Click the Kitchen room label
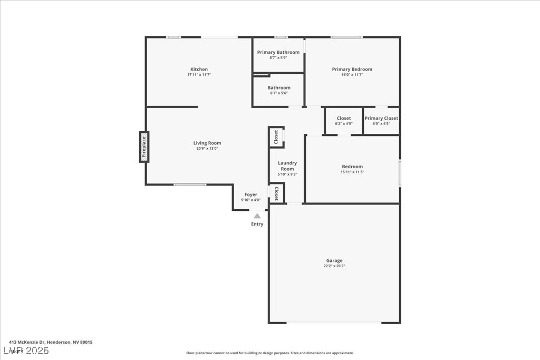point(199,70)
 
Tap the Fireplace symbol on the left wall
point(144,147)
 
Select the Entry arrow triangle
point(257,216)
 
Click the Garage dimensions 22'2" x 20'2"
point(334,266)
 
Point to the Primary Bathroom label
point(278,52)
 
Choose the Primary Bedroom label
point(352,69)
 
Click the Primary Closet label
point(381,119)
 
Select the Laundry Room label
point(287,166)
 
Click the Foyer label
point(250,194)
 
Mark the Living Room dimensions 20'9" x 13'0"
point(207,149)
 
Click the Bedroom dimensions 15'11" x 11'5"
point(352,172)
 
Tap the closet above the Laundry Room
point(276,137)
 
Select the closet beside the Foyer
point(276,193)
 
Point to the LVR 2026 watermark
point(26,351)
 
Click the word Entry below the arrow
point(257,224)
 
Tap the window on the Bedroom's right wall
point(400,173)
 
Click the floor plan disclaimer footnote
point(269,353)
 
